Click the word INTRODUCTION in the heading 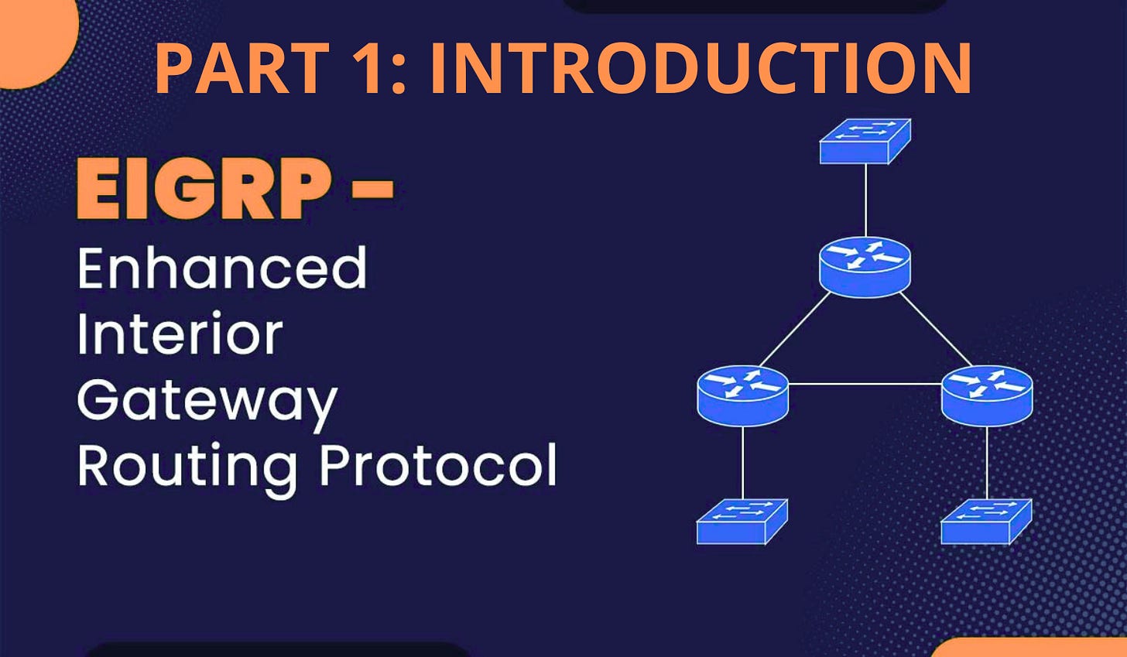tap(711, 68)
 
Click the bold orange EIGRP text tap(203, 188)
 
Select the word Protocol tap(438, 464)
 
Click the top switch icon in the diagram tap(865, 141)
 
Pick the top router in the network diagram tap(865, 266)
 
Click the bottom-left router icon tap(742, 395)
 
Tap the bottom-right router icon tap(986, 395)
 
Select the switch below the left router tap(742, 521)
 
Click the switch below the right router tap(986, 521)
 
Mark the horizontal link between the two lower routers tap(865, 384)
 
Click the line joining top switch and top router tap(865, 200)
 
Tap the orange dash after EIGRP tap(372, 189)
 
